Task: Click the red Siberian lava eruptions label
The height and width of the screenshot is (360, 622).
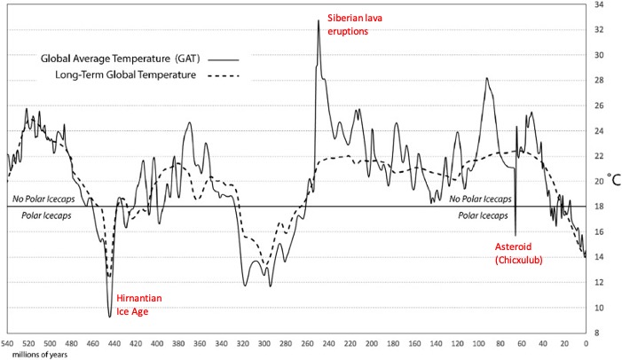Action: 350,24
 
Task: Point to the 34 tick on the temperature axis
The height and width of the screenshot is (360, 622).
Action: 600,4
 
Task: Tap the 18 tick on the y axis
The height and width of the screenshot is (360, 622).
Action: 600,206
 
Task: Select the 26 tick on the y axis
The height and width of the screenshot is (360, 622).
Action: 600,106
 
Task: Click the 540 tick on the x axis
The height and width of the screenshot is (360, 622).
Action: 8,343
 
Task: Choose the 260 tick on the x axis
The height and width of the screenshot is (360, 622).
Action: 308,343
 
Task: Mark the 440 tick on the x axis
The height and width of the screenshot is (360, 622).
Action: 114,343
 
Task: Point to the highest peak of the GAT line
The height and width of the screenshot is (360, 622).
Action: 319,20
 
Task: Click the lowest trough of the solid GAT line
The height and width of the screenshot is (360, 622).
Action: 110,317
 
